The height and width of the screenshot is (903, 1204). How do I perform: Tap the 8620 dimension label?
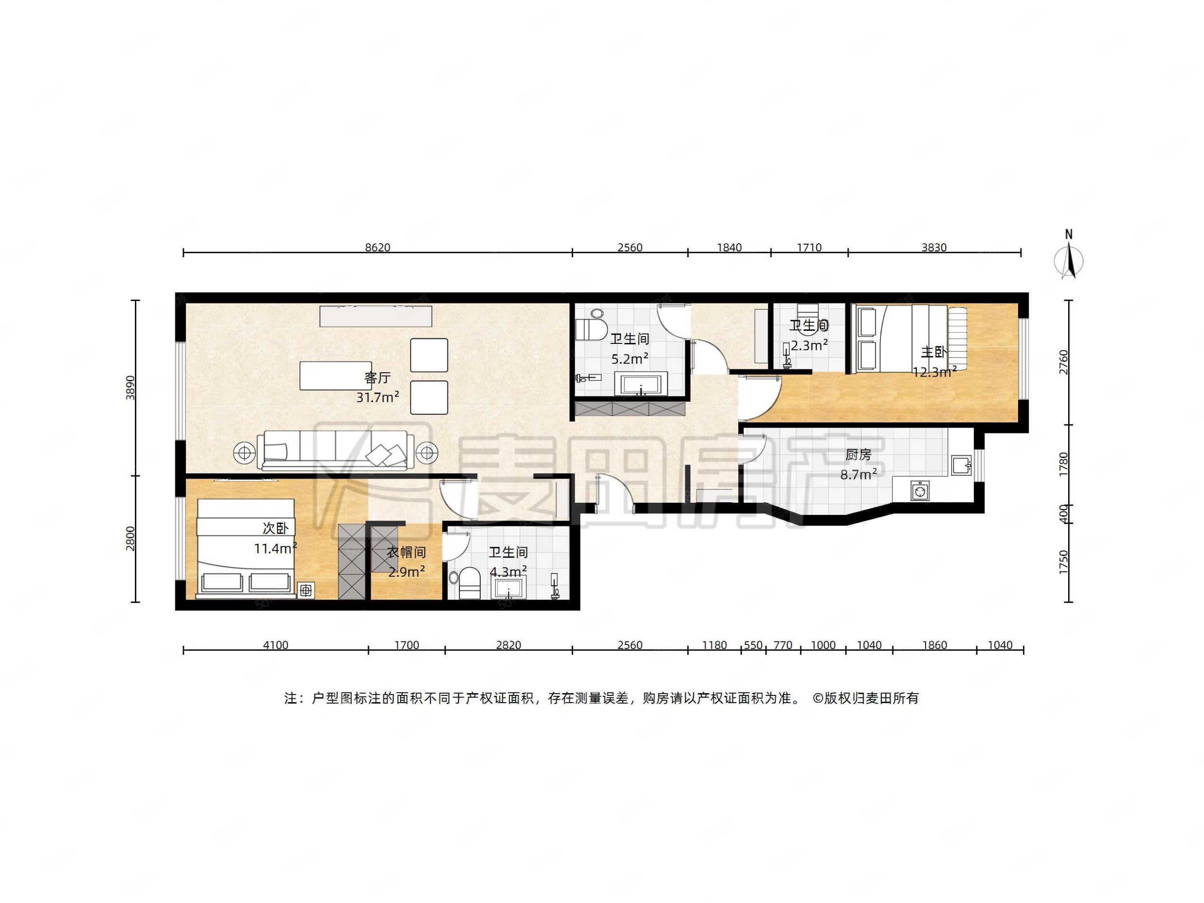click(x=377, y=248)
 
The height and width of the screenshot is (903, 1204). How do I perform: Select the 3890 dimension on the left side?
click(x=130, y=388)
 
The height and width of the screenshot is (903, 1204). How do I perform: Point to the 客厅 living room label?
click(x=377, y=378)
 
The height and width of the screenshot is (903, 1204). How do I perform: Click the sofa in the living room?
click(x=335, y=450)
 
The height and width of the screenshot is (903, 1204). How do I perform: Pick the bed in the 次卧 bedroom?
click(x=246, y=549)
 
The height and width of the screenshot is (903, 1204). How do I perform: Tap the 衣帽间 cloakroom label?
click(x=406, y=552)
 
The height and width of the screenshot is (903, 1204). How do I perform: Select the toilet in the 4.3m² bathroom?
click(x=469, y=584)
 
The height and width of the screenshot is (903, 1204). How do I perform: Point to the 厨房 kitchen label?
click(x=858, y=454)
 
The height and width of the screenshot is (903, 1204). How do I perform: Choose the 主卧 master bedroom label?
click(x=933, y=352)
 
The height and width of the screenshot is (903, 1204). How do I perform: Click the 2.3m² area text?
click(x=810, y=345)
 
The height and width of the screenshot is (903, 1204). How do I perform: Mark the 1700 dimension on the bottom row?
click(x=406, y=645)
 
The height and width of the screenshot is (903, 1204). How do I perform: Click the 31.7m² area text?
click(x=378, y=397)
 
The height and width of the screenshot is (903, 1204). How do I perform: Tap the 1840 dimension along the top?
click(x=729, y=248)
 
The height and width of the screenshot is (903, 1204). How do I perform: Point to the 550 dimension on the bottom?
click(x=753, y=645)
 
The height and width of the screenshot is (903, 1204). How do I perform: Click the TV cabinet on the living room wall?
click(x=376, y=316)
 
